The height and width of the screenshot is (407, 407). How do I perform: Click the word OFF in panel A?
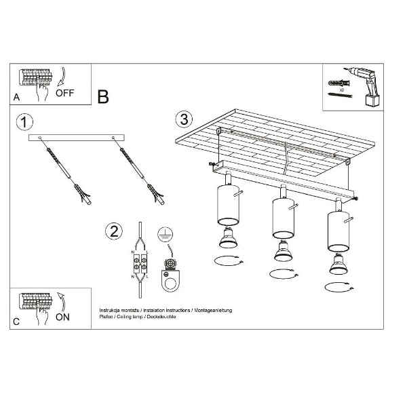pyautogui.click(x=64, y=94)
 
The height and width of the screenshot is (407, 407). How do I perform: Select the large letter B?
pyautogui.click(x=103, y=96)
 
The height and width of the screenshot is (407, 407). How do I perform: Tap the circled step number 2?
pyautogui.click(x=114, y=231)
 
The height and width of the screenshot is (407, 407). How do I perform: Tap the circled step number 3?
pyautogui.click(x=182, y=119)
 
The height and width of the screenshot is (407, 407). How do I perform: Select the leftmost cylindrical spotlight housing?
pyautogui.click(x=225, y=204)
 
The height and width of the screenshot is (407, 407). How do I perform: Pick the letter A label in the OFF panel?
pyautogui.click(x=16, y=98)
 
